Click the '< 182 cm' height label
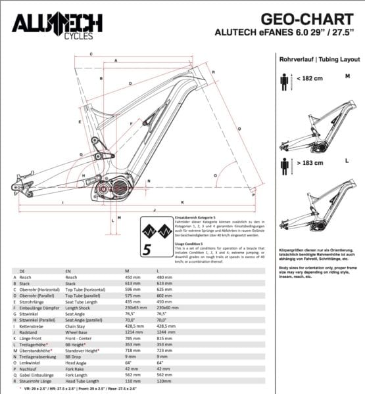[309, 79]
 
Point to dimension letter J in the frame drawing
[153, 209]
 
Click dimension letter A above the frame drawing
[116, 60]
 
